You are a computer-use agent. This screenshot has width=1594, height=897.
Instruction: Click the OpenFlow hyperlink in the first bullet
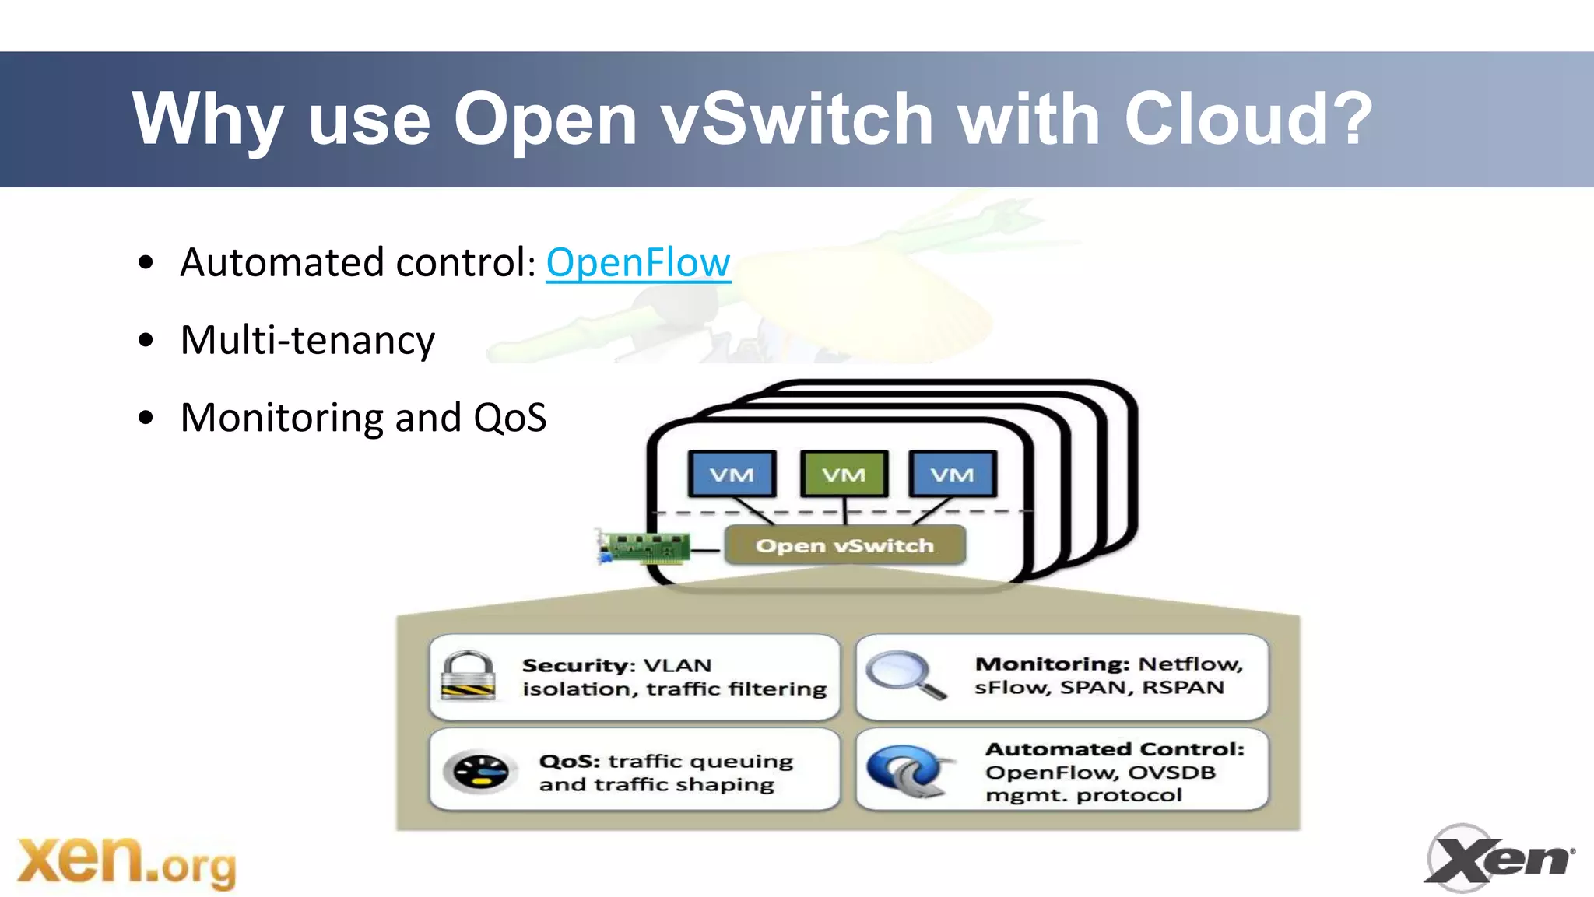coord(637,263)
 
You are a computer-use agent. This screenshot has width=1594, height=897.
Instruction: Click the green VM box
coord(843,474)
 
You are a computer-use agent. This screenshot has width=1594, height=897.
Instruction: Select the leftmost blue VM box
coord(732,474)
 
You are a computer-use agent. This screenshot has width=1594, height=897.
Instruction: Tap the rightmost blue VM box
coord(952,474)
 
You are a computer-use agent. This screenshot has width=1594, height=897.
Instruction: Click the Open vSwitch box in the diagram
coord(844,545)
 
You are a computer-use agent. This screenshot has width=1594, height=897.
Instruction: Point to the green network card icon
coord(644,547)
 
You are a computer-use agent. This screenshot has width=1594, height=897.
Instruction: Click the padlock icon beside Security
coord(467,676)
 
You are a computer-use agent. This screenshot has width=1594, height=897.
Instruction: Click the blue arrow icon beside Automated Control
coord(908,771)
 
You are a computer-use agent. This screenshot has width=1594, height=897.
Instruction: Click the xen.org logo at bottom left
coord(126,861)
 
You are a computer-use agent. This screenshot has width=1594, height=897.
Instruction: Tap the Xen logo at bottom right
coord(1497,858)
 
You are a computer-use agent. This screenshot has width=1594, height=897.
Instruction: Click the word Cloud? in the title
coord(1248,118)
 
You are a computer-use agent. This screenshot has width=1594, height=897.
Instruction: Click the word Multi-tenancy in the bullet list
coord(307,341)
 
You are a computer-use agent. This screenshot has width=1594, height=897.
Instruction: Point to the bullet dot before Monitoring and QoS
coord(146,418)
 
